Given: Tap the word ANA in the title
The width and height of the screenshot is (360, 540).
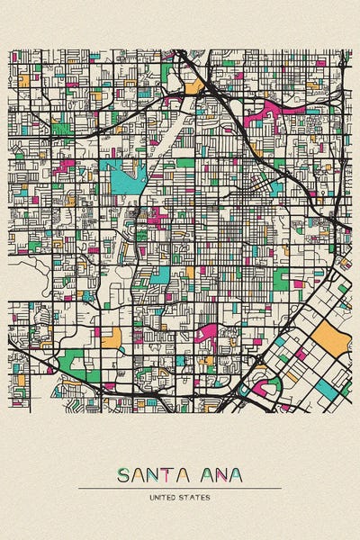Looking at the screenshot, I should [x=218, y=475].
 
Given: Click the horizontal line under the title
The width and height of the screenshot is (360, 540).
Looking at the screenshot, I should [x=180, y=489].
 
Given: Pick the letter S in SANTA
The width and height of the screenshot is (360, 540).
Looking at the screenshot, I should [x=122, y=475].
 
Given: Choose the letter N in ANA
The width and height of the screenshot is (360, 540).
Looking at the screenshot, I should [x=218, y=475].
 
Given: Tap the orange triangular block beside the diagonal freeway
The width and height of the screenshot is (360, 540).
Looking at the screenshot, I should [x=194, y=87].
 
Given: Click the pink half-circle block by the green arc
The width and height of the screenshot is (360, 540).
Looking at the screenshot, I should [x=260, y=389].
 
